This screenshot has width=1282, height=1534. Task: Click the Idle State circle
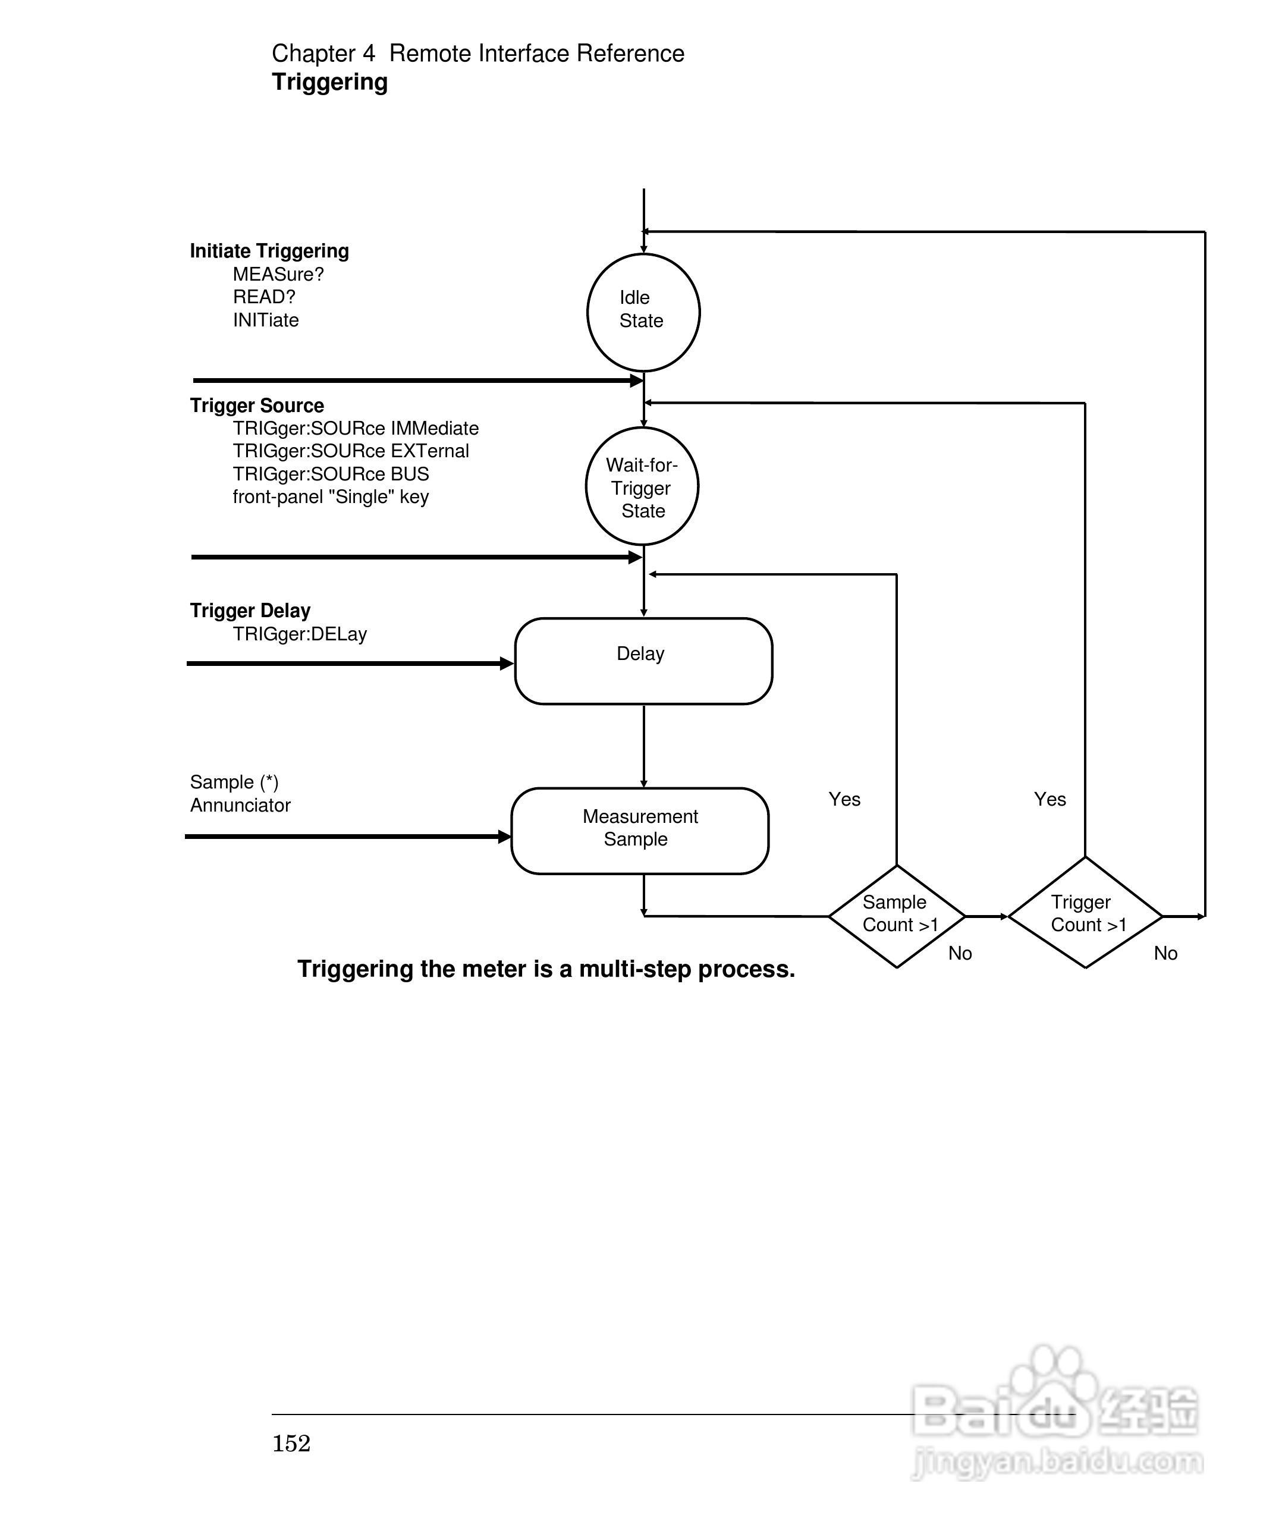click(643, 312)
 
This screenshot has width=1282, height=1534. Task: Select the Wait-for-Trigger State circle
click(642, 486)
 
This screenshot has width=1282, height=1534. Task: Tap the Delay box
click(643, 661)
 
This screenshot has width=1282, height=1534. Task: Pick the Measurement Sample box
click(640, 831)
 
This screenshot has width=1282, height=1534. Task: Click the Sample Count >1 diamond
click(897, 916)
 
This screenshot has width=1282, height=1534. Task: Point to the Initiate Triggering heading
click(269, 252)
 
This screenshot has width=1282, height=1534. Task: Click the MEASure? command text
click(278, 275)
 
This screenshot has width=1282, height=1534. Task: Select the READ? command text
click(263, 297)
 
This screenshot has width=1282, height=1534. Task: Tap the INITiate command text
click(266, 320)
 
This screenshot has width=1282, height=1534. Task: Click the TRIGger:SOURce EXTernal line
click(351, 451)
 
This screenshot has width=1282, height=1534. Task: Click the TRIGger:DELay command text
click(300, 634)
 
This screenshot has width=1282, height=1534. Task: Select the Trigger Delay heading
click(250, 611)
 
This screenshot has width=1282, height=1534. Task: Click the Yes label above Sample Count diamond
click(844, 799)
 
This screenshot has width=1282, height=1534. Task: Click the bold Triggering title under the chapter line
click(329, 83)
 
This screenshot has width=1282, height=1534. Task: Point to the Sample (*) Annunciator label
click(240, 794)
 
